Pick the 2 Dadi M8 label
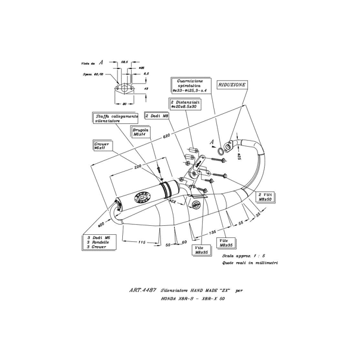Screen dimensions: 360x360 pos(157,115)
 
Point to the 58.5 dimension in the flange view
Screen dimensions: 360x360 pos(125,62)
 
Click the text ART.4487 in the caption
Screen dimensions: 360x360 pos(142,290)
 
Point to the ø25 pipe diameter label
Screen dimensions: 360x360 pos(238,156)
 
